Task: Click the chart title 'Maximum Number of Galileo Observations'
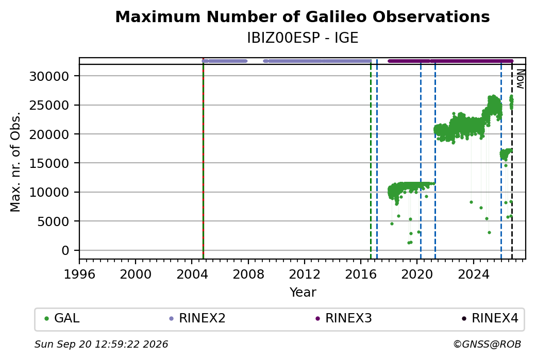point(302,16)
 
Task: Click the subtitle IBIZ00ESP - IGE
point(303,38)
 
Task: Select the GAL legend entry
point(62,318)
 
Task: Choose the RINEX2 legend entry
point(197,318)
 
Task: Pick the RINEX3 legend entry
point(344,318)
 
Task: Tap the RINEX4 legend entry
point(490,318)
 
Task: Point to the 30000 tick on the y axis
point(49,76)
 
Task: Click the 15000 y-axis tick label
point(49,163)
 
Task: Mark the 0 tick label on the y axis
point(65,251)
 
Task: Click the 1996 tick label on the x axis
point(79,274)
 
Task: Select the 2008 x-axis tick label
point(248,274)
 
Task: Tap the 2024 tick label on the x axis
point(474,274)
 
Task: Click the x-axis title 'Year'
point(303,293)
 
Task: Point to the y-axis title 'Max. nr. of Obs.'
point(15,162)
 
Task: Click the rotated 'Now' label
point(520,79)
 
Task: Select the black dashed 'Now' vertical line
point(512,161)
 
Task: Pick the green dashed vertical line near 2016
point(371,161)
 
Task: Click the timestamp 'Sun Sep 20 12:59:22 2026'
point(101,344)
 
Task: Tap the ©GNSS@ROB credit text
point(487,344)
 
